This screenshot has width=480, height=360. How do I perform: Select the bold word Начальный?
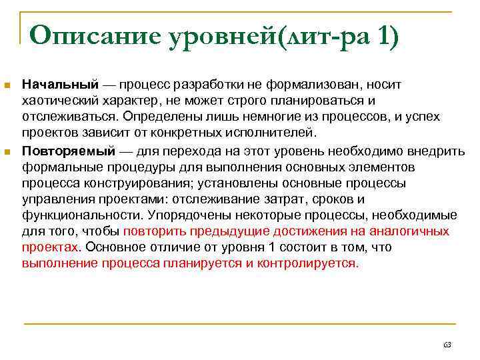pos(61,85)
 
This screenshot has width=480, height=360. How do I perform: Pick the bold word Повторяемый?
pos(69,149)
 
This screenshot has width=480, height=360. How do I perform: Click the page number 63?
pos(447,345)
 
